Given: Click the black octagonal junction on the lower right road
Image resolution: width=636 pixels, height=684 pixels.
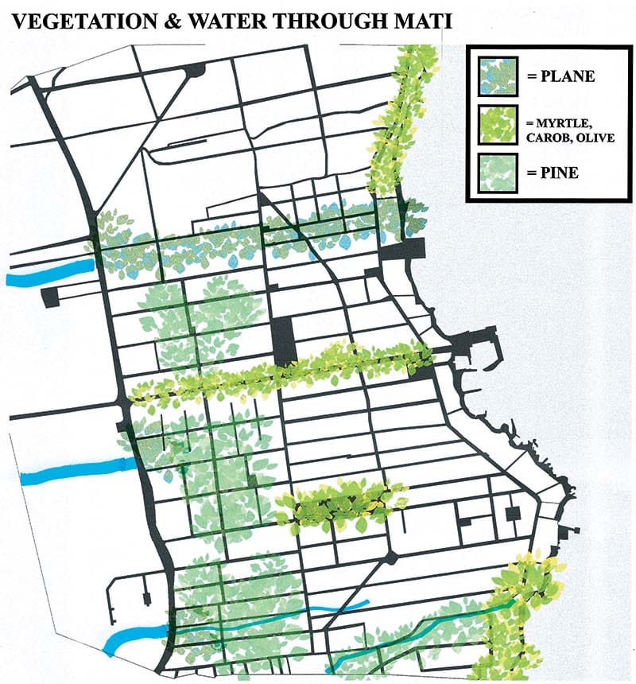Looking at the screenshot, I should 390,556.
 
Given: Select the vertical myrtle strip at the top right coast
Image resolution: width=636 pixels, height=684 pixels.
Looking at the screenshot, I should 396,119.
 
